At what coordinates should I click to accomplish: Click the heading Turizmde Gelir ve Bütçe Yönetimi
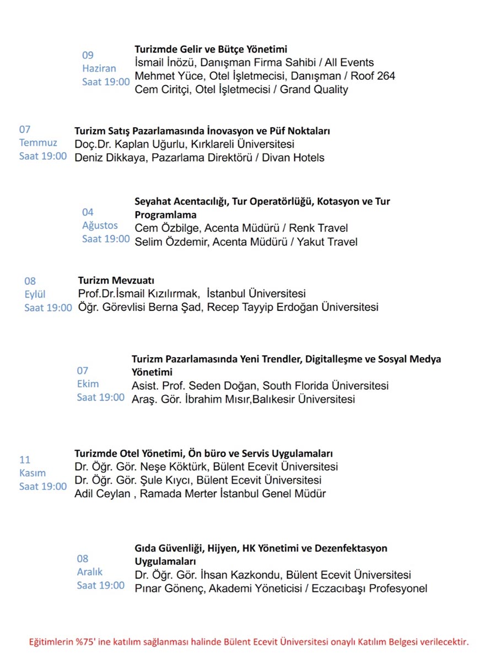(x=211, y=49)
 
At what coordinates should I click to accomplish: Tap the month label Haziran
(x=99, y=69)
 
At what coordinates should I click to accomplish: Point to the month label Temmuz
(x=38, y=143)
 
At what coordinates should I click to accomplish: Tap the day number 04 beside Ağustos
(x=88, y=212)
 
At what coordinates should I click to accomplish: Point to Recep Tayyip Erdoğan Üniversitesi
(x=293, y=307)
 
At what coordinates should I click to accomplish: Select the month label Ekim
(x=88, y=384)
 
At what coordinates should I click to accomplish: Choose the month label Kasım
(x=33, y=473)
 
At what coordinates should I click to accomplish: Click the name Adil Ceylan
(x=102, y=494)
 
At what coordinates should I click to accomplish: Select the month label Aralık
(x=89, y=572)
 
